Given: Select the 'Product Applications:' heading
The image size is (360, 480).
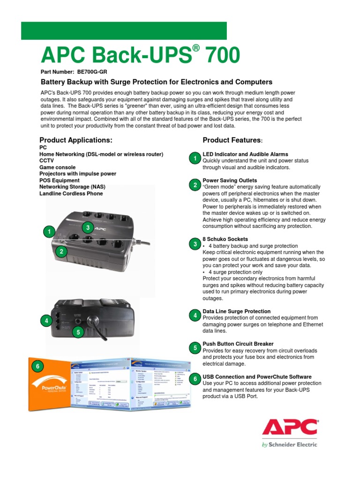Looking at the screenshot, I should [76, 140].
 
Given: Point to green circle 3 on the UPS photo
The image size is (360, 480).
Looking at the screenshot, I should [87, 227].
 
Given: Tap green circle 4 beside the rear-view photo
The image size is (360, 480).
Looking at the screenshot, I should [46, 321].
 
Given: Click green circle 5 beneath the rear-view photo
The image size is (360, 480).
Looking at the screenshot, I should [77, 332].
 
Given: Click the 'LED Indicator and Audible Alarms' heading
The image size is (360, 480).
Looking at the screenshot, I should [245, 154].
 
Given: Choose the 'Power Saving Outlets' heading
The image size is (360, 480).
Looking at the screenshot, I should [230, 180].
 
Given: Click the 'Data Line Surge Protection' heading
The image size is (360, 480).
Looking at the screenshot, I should [236, 311].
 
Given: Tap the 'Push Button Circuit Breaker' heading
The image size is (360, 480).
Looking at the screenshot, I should [238, 344].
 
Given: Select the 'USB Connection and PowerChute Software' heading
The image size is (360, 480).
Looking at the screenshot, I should [257, 377].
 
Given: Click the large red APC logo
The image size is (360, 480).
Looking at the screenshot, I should [289, 427].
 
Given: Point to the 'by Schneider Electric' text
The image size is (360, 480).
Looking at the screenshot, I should [289, 444].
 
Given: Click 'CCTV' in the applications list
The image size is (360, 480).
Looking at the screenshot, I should [47, 160].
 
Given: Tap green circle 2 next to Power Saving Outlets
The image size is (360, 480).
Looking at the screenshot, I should [195, 185].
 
